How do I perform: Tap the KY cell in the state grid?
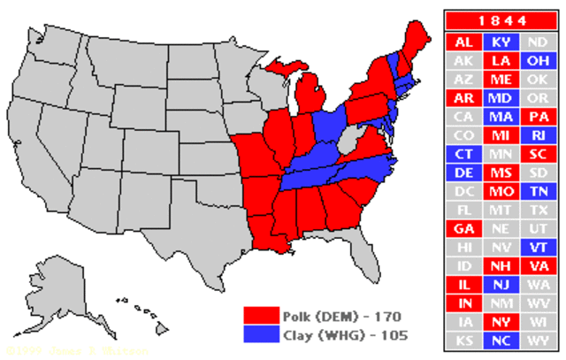point(500,42)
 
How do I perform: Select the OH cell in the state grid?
point(537,61)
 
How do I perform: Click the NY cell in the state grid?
point(500,322)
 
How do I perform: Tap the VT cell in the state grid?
point(537,247)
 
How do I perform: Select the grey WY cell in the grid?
point(537,341)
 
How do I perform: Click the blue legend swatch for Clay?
point(262,334)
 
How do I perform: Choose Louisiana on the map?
point(264,232)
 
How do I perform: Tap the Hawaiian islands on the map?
point(141,310)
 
